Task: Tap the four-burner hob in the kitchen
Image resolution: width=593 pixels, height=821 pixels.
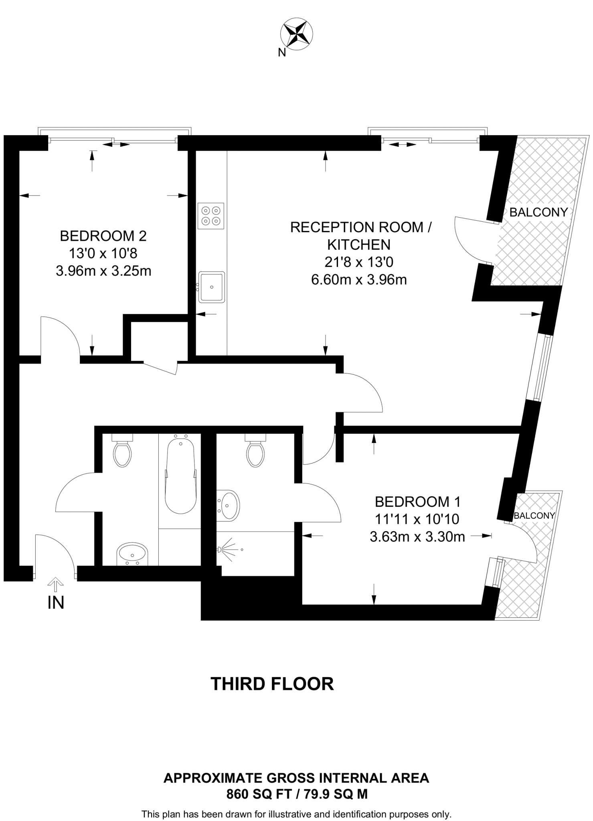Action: [210, 216]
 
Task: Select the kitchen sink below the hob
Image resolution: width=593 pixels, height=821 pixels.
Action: [212, 287]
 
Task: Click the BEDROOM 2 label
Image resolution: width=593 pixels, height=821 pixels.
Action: [103, 236]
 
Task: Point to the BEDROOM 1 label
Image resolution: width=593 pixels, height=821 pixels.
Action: [417, 501]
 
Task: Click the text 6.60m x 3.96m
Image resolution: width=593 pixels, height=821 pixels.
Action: [359, 279]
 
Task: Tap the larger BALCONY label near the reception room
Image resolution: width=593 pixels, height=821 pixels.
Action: [538, 212]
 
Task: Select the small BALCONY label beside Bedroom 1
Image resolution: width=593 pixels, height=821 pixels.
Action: [534, 516]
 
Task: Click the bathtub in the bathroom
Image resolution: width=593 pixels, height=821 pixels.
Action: [180, 476]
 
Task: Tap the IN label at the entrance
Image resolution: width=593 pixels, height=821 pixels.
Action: [56, 603]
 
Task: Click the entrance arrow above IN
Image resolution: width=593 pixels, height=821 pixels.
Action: [56, 584]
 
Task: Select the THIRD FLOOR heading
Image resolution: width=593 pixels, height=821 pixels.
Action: [272, 684]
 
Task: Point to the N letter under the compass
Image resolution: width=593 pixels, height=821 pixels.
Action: [282, 53]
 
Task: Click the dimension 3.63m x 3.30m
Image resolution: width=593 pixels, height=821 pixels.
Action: [417, 536]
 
